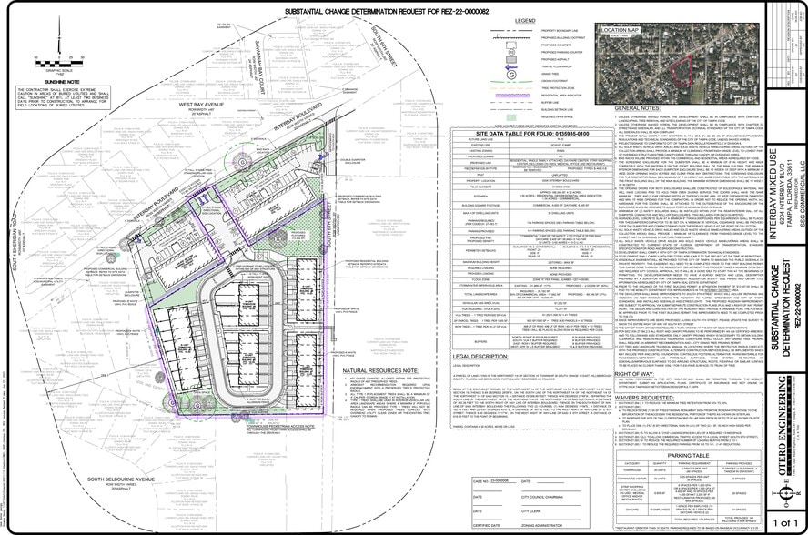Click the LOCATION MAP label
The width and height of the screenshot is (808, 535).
coord(621,30)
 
